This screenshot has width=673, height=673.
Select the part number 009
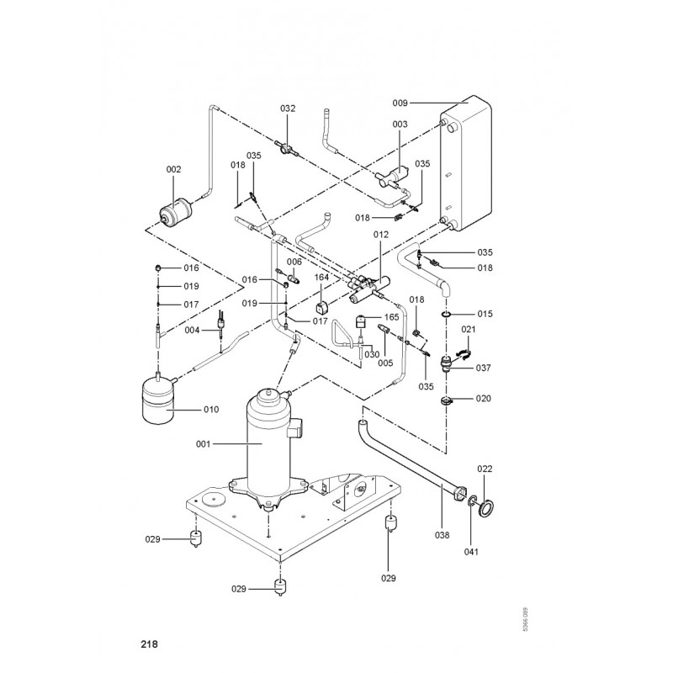point(400,103)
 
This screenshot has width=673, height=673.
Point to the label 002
point(174,169)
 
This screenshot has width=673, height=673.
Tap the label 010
point(210,410)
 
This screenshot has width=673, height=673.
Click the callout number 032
point(288,109)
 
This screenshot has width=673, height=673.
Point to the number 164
point(322,277)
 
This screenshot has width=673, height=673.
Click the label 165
point(391,317)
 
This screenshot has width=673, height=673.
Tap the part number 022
point(485,469)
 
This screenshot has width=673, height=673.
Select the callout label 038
point(442,534)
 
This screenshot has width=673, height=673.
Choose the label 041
point(471,552)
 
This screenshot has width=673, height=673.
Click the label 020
point(485,398)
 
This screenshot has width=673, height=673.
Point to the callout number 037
point(485,368)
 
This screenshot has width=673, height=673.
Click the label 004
point(193,330)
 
